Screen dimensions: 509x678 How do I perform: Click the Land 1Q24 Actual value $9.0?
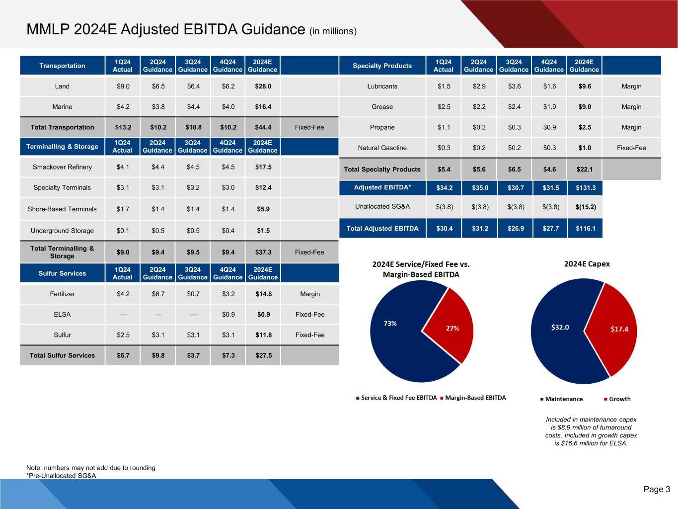point(123,86)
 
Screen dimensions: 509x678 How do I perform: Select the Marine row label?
point(62,107)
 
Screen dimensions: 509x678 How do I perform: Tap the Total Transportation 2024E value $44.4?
point(263,127)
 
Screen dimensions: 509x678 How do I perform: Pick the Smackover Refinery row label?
point(62,167)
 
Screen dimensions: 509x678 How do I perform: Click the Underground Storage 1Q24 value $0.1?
point(123,231)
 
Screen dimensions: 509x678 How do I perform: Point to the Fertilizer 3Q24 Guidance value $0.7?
point(193,294)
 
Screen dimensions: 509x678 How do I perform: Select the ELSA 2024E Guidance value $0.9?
point(263,315)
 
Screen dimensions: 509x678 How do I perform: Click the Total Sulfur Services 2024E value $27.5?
point(263,355)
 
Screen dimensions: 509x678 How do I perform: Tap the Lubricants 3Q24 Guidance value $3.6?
point(514,86)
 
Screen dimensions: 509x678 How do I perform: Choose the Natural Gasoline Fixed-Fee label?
point(631,148)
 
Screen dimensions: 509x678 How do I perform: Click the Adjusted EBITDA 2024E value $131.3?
point(585,188)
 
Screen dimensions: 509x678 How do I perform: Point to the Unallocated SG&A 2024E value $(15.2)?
point(585,207)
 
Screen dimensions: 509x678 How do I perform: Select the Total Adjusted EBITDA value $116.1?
point(585,229)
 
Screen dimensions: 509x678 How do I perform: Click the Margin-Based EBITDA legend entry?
point(475,398)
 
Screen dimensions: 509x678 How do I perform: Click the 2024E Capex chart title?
point(587,264)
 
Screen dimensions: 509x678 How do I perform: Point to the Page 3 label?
point(657,490)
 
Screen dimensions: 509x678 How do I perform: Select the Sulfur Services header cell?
point(62,273)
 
